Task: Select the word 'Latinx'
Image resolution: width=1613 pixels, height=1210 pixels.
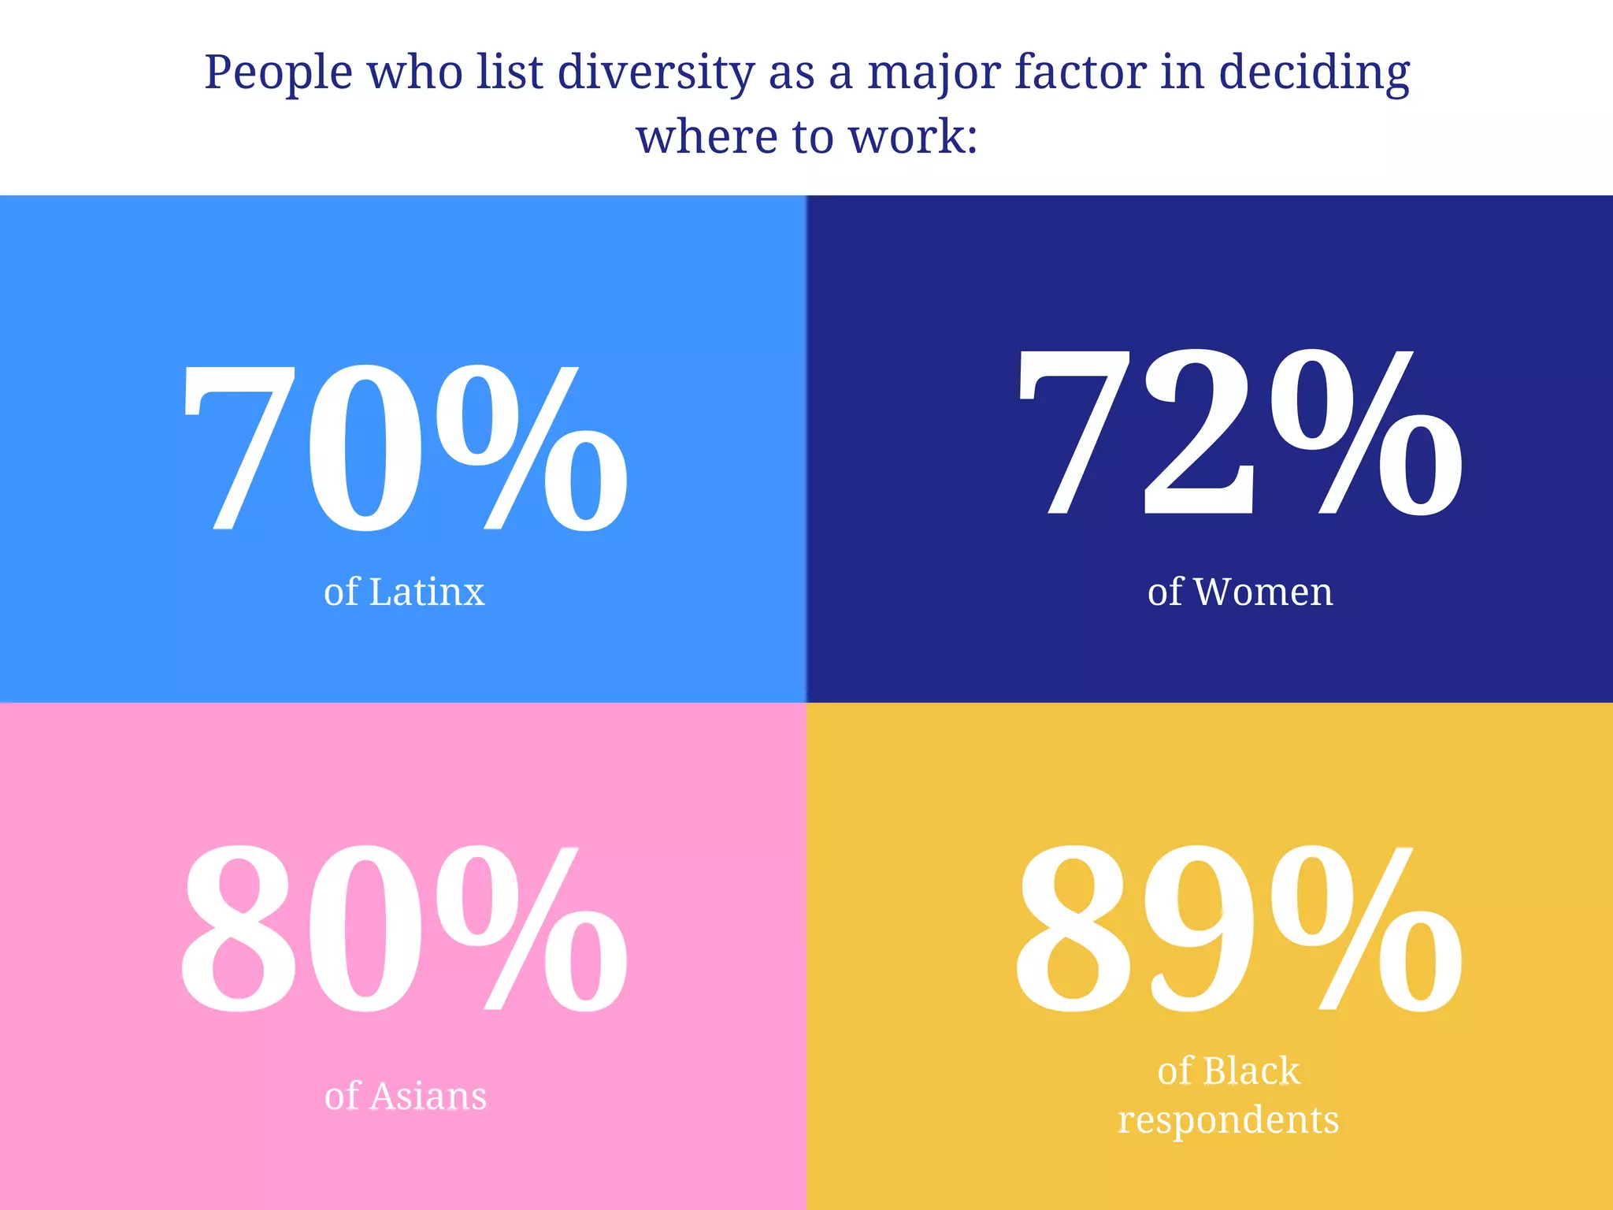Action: point(427,592)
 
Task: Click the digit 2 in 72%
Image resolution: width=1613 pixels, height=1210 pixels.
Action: point(1197,433)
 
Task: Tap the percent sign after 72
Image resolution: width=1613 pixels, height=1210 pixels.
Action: point(1366,433)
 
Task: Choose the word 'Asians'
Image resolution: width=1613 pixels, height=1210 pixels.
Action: point(428,1097)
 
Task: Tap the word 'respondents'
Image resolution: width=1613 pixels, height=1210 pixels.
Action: point(1228,1120)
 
